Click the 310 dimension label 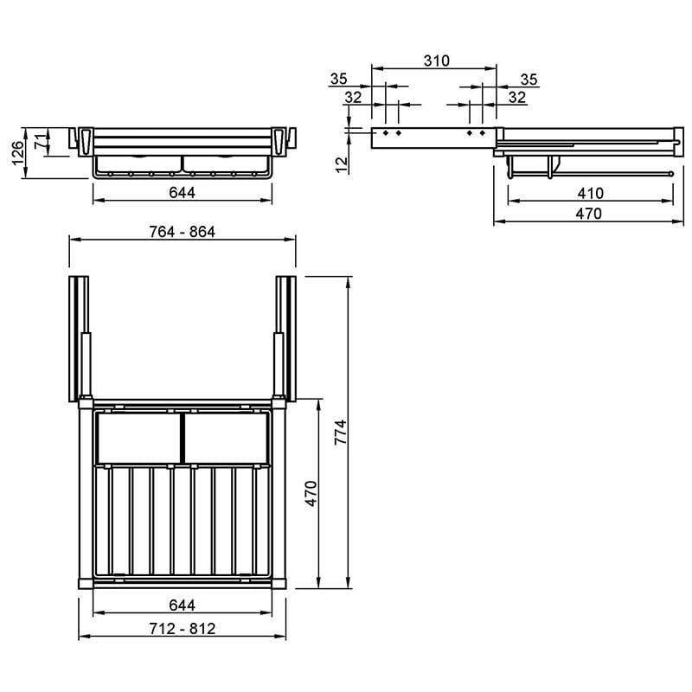click(437, 61)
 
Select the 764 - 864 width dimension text click(183, 232)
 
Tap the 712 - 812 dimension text click(183, 629)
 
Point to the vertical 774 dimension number click(341, 432)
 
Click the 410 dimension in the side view click(591, 193)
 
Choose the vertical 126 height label click(18, 153)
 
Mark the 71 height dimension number click(40, 142)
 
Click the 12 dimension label click(342, 165)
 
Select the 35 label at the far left click(338, 79)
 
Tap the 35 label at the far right click(529, 80)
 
